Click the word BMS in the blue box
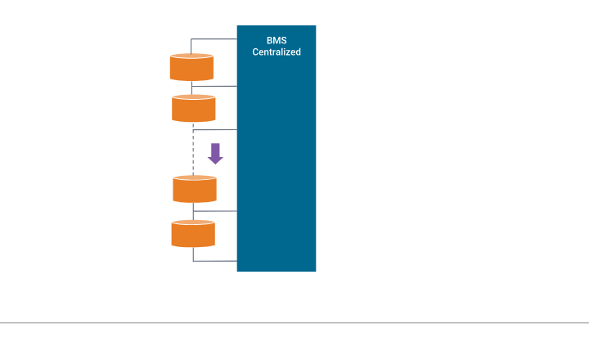(x=277, y=40)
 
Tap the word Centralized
(x=277, y=52)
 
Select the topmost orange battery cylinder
(x=191, y=68)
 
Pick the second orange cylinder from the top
(x=194, y=109)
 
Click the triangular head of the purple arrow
(x=215, y=160)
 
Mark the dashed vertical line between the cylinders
(x=193, y=152)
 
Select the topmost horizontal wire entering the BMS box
(x=214, y=39)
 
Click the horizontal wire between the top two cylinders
(x=216, y=86)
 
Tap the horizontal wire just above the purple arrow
(x=214, y=130)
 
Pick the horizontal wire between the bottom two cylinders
(x=215, y=211)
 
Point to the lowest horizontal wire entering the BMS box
(x=214, y=261)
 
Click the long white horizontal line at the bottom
(x=294, y=323)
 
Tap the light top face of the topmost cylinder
(x=191, y=56)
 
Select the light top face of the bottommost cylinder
(x=193, y=222)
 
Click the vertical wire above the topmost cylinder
(x=191, y=46)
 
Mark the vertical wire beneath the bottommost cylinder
(x=193, y=254)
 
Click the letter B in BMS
(x=269, y=40)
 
